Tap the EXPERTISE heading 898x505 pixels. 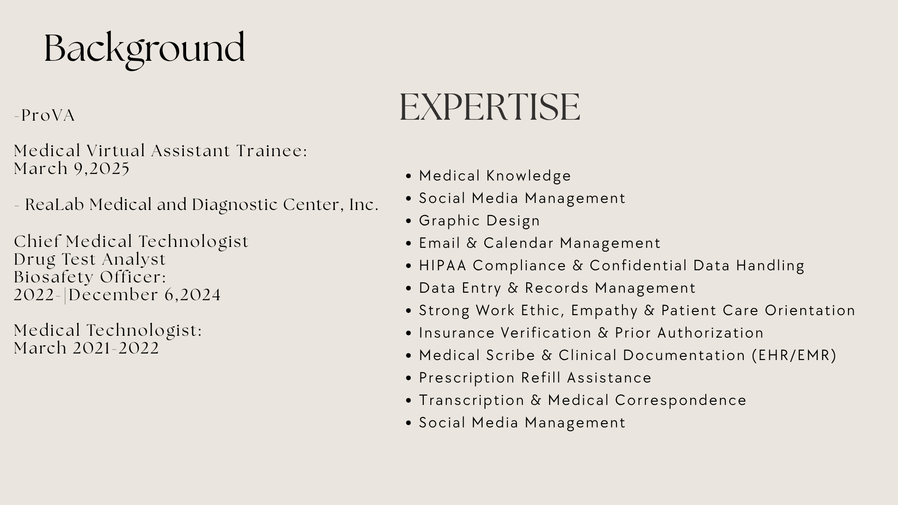pyautogui.click(x=490, y=107)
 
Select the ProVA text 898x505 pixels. pyautogui.click(x=48, y=115)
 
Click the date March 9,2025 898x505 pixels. pyautogui.click(x=72, y=169)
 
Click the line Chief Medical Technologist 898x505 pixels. pyautogui.click(x=131, y=242)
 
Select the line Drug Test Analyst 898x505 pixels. pyautogui.click(x=90, y=260)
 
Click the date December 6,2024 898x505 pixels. pyautogui.click(x=145, y=295)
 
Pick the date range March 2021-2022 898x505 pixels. pyautogui.click(x=87, y=348)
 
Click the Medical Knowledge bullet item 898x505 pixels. pyautogui.click(x=495, y=176)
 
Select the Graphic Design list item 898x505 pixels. pyautogui.click(x=479, y=221)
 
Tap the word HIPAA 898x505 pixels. pyautogui.click(x=442, y=266)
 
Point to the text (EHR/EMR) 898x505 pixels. pyautogui.click(x=794, y=355)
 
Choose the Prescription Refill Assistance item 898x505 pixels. pyautogui.click(x=535, y=378)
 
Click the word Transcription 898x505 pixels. pyautogui.click(x=472, y=401)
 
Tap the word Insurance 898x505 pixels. pyautogui.click(x=457, y=333)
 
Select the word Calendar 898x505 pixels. pyautogui.click(x=519, y=243)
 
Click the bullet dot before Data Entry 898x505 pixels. pyautogui.click(x=409, y=289)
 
